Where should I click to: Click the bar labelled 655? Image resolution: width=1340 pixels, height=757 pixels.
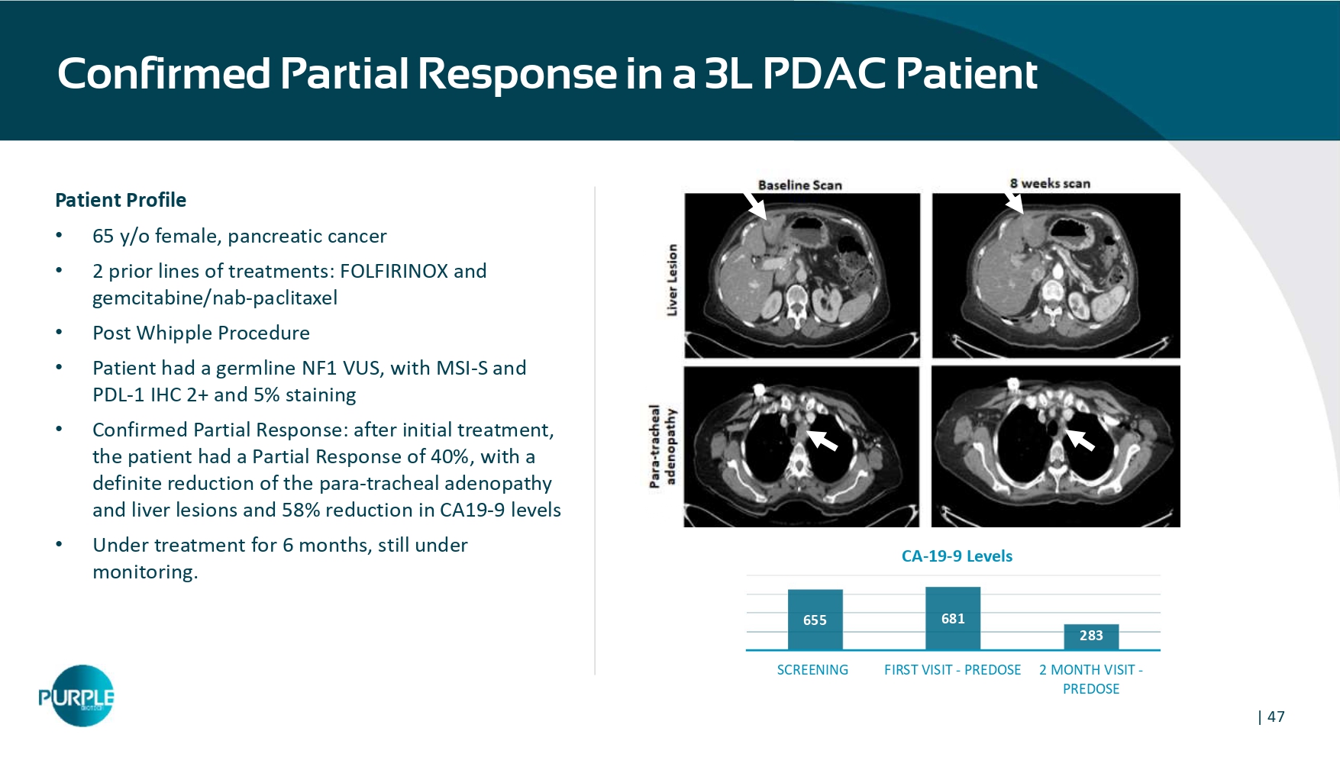[x=815, y=620]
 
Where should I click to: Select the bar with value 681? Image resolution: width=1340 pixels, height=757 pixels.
[x=953, y=618]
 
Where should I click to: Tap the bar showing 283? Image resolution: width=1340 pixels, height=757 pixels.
[x=1091, y=637]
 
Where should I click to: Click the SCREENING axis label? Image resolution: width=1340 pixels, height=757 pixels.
[x=812, y=670]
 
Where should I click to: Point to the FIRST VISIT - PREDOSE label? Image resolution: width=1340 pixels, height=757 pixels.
[x=952, y=670]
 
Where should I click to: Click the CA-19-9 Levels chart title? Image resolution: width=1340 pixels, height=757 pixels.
[x=957, y=556]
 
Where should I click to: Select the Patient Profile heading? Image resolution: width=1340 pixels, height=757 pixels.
[x=121, y=200]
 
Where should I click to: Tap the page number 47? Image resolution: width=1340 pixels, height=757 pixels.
[x=1276, y=717]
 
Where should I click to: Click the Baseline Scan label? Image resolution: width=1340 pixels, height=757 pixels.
[x=799, y=185]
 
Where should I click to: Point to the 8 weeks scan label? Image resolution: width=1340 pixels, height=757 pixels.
[x=1050, y=183]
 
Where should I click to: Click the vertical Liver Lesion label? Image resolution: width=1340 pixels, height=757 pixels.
[x=672, y=279]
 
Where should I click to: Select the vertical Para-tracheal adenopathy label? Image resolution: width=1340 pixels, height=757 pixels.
[x=662, y=446]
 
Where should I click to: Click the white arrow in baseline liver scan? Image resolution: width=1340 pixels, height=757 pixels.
[x=754, y=205]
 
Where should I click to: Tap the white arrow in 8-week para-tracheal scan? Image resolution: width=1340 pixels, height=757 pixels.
[x=1080, y=440]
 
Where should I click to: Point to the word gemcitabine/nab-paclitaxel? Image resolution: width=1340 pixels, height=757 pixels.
[x=215, y=298]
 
